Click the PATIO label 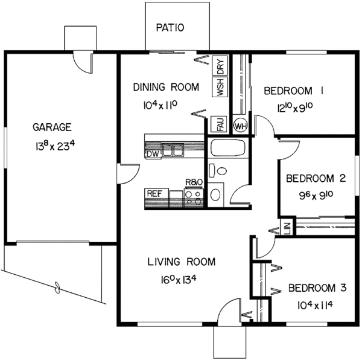[170, 27]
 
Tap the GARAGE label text [52, 127]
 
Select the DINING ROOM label [166, 88]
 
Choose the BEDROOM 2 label [316, 178]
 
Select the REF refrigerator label [154, 194]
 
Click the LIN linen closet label [287, 228]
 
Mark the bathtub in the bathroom [226, 149]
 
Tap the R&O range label [193, 181]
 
